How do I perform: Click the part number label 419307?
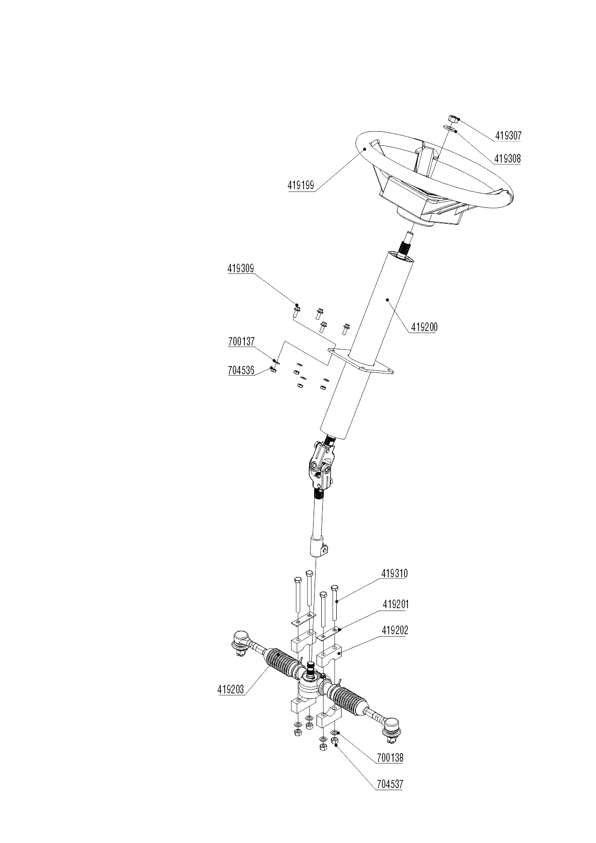tap(508, 136)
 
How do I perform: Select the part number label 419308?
tap(507, 159)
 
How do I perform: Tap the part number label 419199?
tap(301, 185)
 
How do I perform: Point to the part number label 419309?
tap(241, 269)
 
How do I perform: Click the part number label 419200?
tap(424, 328)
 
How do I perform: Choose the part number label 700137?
tap(241, 342)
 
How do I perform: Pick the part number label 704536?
tap(241, 370)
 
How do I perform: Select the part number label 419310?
tap(394, 574)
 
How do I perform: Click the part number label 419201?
tap(395, 604)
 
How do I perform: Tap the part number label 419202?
tap(395, 630)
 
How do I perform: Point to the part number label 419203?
tap(231, 689)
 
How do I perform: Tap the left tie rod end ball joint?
tap(240, 640)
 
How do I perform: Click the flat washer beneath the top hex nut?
tap(451, 128)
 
